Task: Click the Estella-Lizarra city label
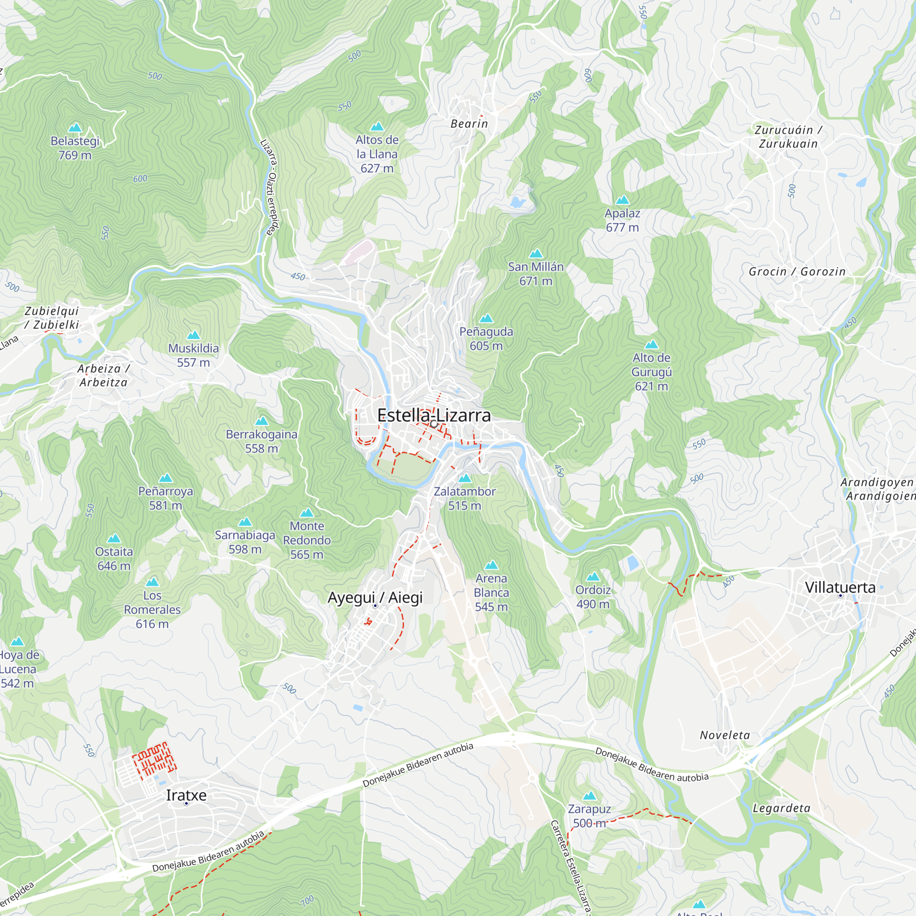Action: point(434,415)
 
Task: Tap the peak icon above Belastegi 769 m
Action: point(75,127)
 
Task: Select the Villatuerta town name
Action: point(840,588)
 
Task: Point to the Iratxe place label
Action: point(186,795)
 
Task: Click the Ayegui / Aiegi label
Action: point(375,597)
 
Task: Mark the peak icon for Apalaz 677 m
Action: point(622,200)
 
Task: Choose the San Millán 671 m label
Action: point(536,273)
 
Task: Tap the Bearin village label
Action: point(469,124)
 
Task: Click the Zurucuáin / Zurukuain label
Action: point(788,136)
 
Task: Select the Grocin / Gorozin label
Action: point(797,272)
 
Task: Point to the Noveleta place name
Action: point(725,736)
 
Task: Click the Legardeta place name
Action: point(782,808)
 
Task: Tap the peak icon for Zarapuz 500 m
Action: point(589,796)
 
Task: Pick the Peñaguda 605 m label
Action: point(486,338)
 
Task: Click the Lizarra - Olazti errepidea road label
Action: point(270,187)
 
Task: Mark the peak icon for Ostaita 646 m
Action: point(114,538)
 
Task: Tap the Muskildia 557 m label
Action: point(193,355)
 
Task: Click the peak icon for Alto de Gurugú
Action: point(651,344)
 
